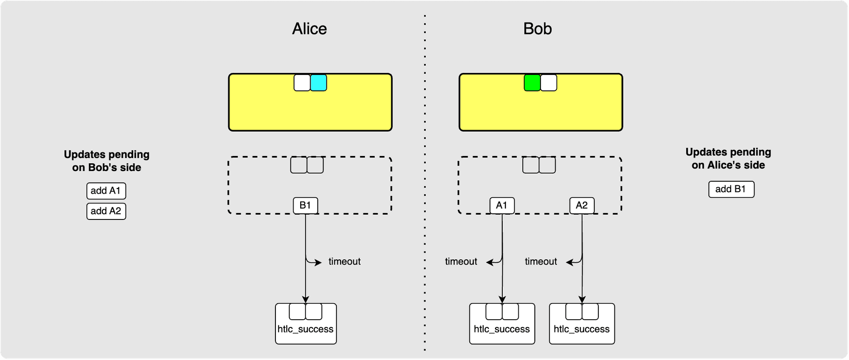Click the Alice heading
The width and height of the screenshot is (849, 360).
pyautogui.click(x=309, y=28)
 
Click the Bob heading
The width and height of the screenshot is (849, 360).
pyautogui.click(x=537, y=28)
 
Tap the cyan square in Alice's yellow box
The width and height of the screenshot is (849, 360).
pyautogui.click(x=318, y=83)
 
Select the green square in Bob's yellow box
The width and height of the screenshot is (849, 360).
pyautogui.click(x=532, y=83)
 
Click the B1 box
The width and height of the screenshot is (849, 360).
pyautogui.click(x=305, y=206)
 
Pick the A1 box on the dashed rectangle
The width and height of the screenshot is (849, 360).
pyautogui.click(x=502, y=206)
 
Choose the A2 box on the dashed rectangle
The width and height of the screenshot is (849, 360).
pyautogui.click(x=582, y=206)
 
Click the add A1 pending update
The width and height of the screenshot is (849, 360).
pyautogui.click(x=106, y=191)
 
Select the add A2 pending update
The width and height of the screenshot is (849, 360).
pyautogui.click(x=106, y=211)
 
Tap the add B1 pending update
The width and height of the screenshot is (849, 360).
pyautogui.click(x=731, y=189)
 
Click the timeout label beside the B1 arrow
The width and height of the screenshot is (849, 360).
pyautogui.click(x=344, y=262)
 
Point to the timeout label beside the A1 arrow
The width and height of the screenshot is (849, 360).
pyautogui.click(x=461, y=262)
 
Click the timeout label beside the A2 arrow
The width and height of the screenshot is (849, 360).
pyautogui.click(x=541, y=262)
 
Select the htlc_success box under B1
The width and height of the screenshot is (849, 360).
pyautogui.click(x=306, y=329)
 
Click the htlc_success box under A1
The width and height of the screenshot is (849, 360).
pyautogui.click(x=502, y=329)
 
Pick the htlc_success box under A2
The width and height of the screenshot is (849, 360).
pyautogui.click(x=582, y=329)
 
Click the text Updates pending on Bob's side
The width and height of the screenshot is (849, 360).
pyautogui.click(x=106, y=161)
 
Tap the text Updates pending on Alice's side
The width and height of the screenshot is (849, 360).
pyautogui.click(x=728, y=159)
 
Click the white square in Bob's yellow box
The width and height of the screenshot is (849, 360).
pyautogui.click(x=549, y=83)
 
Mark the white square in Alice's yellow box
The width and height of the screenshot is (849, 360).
pyautogui.click(x=302, y=83)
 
